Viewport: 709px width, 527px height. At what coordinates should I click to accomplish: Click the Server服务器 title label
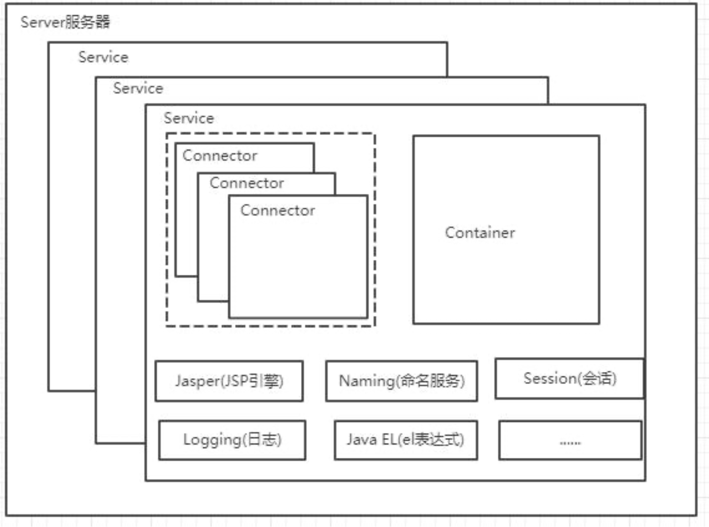coord(65,22)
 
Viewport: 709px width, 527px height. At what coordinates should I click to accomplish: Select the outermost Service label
coord(103,57)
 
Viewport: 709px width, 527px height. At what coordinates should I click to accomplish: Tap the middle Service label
coord(138,88)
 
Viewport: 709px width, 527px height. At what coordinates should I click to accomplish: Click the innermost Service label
coord(188,118)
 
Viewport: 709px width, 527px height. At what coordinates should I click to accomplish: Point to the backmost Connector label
coord(220,155)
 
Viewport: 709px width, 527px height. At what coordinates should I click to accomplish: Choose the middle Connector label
coord(247,183)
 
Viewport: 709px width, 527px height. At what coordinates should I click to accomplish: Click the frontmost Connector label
coord(278,210)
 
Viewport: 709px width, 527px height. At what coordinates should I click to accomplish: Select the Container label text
coord(480,233)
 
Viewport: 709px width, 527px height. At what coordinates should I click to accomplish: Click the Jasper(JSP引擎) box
coord(229,381)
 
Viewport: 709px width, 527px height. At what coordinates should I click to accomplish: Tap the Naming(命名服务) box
coord(401,381)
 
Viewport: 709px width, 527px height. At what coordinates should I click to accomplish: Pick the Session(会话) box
coord(569,379)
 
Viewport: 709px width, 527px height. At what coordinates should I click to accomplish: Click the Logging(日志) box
coord(232,440)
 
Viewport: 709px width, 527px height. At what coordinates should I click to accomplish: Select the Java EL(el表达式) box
coord(406,440)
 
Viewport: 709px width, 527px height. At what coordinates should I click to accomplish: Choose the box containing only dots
coord(570,440)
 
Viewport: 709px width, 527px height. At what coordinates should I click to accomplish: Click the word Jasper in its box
coord(197,381)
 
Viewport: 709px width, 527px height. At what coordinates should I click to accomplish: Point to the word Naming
coord(367,381)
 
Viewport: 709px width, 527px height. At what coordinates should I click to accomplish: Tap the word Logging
coord(212,440)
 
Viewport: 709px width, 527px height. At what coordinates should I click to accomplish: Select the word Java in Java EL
coord(362,439)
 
